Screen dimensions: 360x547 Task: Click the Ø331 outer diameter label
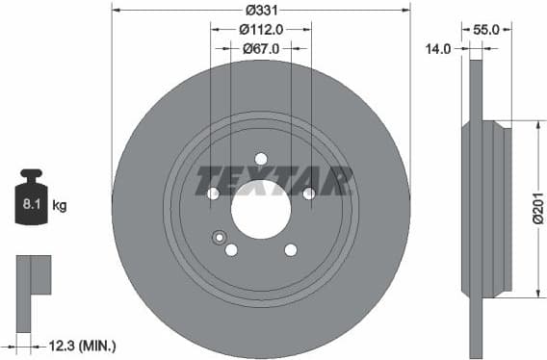coord(261,10)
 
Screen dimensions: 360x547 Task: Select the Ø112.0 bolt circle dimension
coord(261,30)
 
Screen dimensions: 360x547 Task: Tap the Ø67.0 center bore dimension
coord(261,48)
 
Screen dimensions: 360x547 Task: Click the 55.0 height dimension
coord(486,30)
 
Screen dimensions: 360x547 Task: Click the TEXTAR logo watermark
coord(274,180)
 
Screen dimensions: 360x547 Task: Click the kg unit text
coord(60,205)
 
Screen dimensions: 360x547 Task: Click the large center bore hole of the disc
coord(261,209)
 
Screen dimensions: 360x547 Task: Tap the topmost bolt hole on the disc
coord(261,159)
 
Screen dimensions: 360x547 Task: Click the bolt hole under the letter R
coord(309,193)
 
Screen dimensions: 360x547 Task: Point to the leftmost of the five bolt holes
coord(213,193)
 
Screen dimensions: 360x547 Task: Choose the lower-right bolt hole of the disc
coord(290,250)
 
